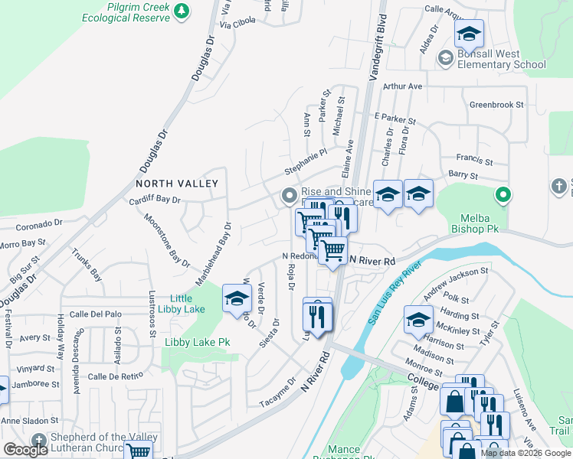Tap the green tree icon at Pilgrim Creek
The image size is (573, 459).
point(182,11)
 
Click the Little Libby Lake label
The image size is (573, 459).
point(187,304)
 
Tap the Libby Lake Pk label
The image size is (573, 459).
point(197,342)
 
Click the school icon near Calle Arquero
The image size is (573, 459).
point(469,34)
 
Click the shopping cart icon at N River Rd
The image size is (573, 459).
point(332,250)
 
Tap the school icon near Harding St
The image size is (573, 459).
point(418,321)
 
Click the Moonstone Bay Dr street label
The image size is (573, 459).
point(167,238)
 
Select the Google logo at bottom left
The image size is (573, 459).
point(25,450)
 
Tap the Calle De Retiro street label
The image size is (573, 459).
point(116,376)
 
